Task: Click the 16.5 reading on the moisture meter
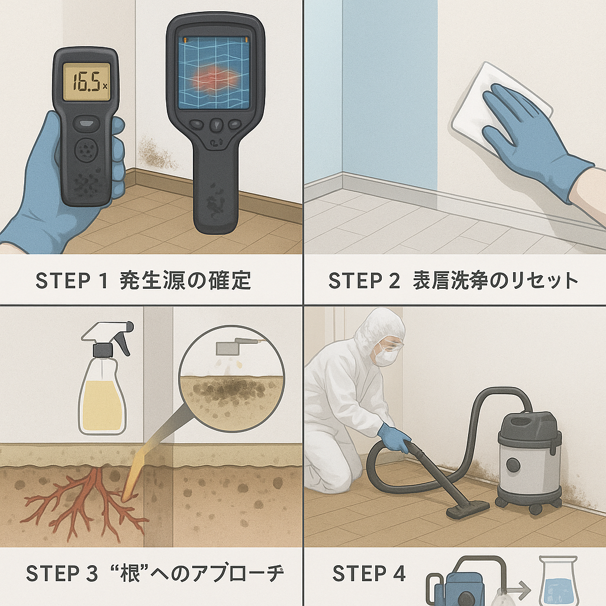pyautogui.click(x=86, y=81)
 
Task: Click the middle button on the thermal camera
pyautogui.click(x=216, y=125)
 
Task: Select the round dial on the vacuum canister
pyautogui.click(x=513, y=465)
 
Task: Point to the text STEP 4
pyautogui.click(x=369, y=573)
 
